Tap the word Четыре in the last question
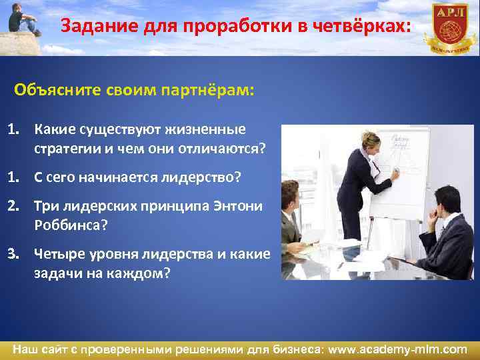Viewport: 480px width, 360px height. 58,254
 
